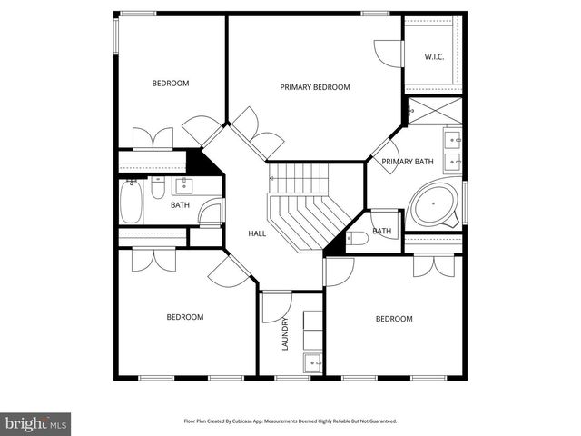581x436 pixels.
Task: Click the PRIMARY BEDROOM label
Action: point(314,87)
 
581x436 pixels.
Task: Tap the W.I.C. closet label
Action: point(434,57)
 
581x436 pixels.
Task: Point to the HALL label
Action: point(257,233)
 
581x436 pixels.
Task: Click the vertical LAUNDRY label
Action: point(285,333)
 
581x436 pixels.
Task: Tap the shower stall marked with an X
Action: point(433,111)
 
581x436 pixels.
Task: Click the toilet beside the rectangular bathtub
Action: point(157,190)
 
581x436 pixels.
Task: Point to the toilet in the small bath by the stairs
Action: point(358,239)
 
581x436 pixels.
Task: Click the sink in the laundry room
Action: point(313,362)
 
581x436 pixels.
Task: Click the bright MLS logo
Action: point(36,423)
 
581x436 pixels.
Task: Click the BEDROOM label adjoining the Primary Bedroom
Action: point(170,84)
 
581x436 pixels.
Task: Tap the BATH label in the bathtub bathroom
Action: point(180,205)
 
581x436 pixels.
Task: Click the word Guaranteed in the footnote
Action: point(379,421)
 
